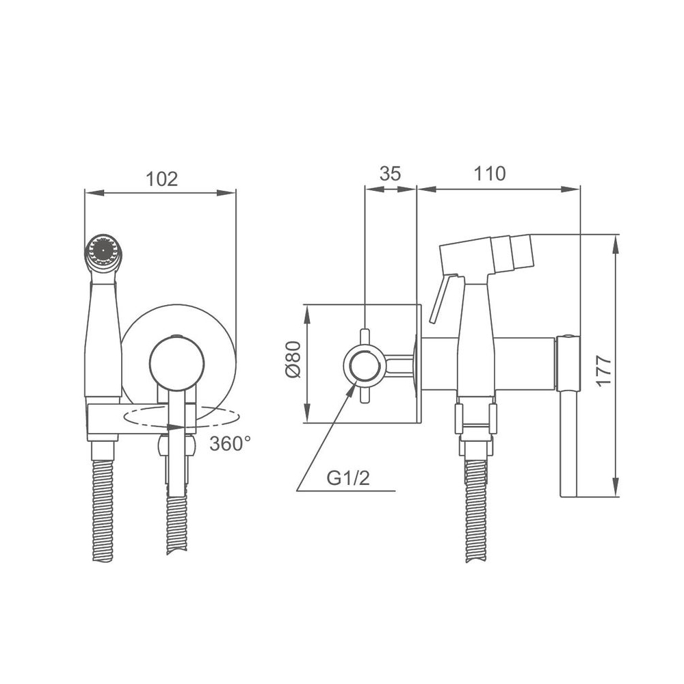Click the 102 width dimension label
coord(162,179)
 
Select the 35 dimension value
coord(390,173)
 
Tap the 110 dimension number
coord(490,173)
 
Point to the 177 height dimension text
coord(604,370)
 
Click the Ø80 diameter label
coord(293,360)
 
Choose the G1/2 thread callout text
coord(348,478)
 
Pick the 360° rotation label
coord(230,444)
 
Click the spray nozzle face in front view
coord(103,252)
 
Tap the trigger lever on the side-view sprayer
coord(441,299)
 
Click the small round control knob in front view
coord(176,363)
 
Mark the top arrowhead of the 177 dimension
coord(615,245)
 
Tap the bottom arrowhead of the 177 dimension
coord(615,487)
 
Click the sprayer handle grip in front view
coord(103,339)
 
